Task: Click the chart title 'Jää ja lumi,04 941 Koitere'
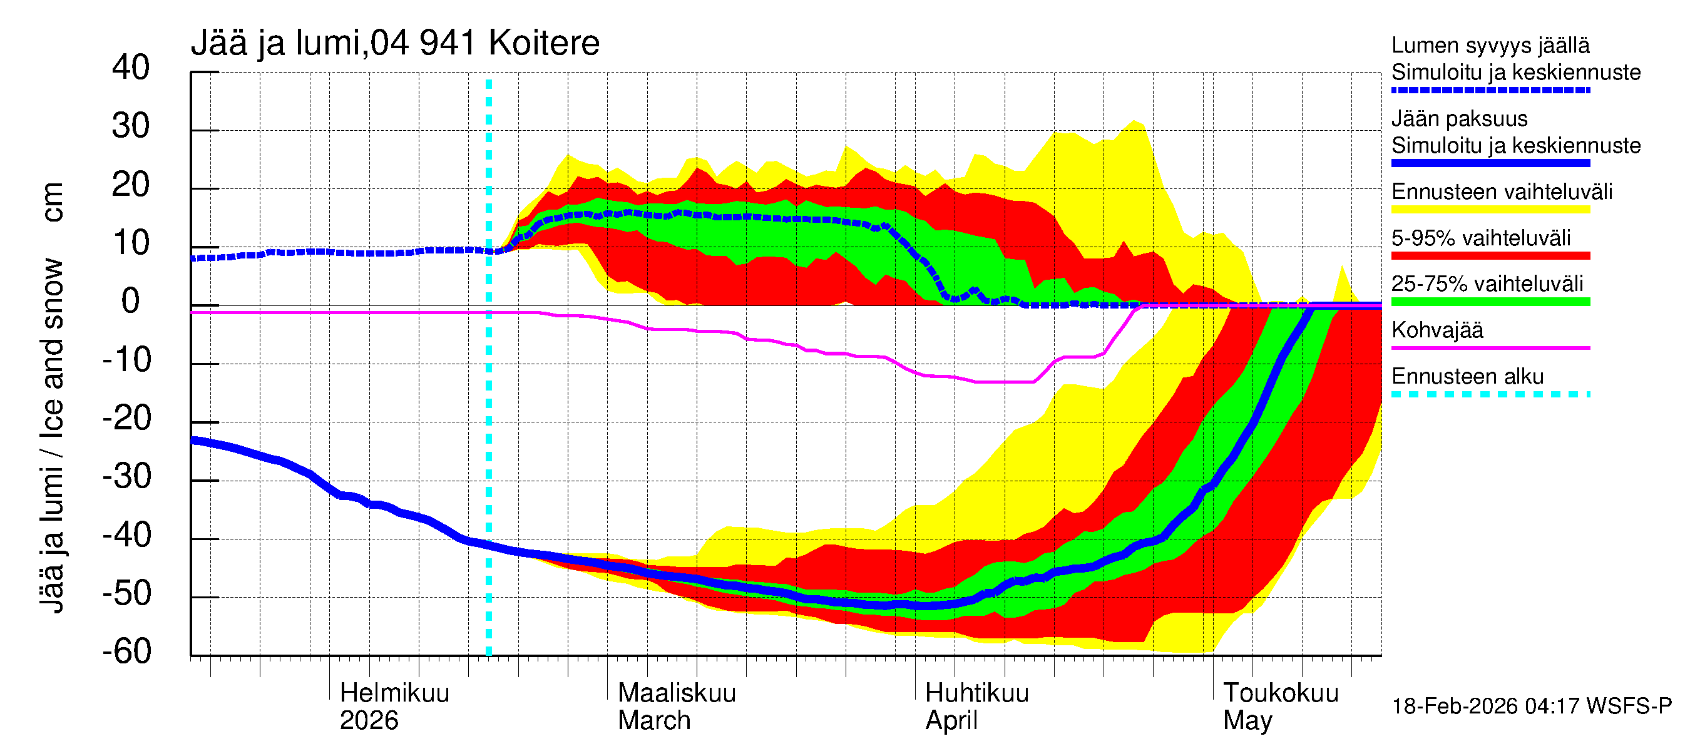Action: [x=395, y=43]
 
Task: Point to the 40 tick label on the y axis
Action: [x=131, y=68]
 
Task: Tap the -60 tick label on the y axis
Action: [x=126, y=651]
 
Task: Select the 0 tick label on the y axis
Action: [x=131, y=301]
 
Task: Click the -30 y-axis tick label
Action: [x=126, y=476]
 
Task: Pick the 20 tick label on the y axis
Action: [x=131, y=184]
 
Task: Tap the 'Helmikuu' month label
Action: [x=394, y=693]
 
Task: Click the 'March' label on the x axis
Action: [x=654, y=721]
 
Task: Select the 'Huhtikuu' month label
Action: [x=977, y=693]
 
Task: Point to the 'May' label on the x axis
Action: [x=1247, y=721]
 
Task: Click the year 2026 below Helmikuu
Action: [x=369, y=721]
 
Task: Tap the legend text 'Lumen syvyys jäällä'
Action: [x=1490, y=45]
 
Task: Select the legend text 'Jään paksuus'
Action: [x=1459, y=119]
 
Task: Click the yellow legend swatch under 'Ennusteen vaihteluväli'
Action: [x=1490, y=210]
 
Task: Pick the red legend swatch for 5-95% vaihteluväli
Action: [x=1490, y=256]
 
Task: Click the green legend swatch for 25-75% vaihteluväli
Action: [x=1490, y=302]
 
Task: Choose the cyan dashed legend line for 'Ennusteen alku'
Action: [x=1490, y=394]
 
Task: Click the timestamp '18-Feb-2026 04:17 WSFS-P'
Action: [x=1531, y=707]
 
